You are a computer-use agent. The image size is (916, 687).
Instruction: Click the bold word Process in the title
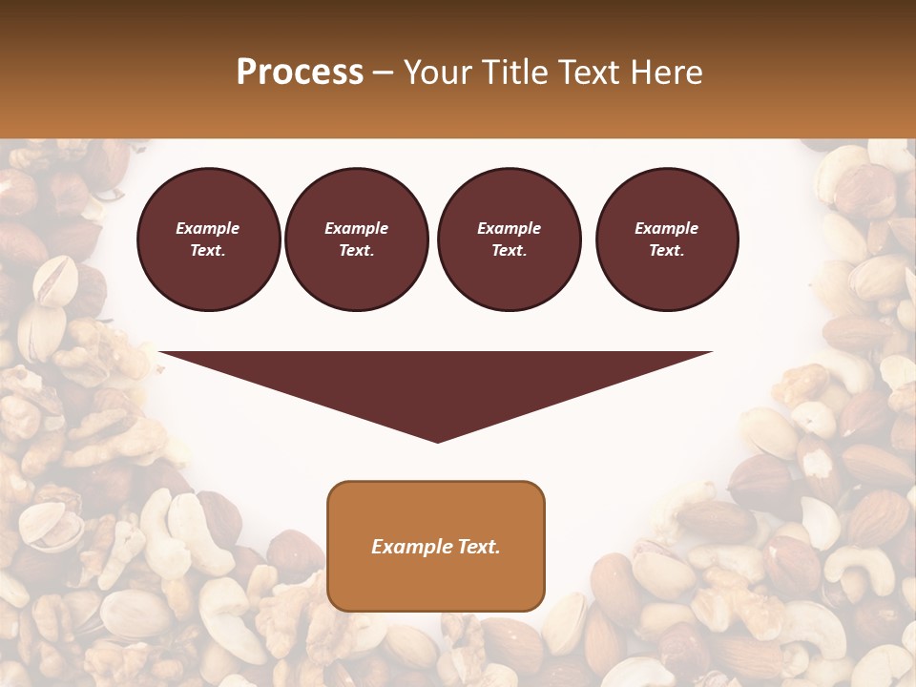coord(300,73)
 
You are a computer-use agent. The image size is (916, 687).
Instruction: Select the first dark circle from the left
coord(208,239)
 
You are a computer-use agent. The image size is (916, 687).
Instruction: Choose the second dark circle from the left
coord(357,239)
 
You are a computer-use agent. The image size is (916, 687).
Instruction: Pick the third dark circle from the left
coord(510,239)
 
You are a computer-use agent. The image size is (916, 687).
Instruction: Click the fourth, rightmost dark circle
coord(667,239)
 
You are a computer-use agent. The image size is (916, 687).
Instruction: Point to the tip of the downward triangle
coord(437,440)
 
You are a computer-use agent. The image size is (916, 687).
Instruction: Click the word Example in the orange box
coord(407,547)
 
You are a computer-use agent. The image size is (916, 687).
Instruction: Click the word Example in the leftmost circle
coord(208,228)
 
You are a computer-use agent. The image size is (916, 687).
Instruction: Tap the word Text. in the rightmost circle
coord(667,251)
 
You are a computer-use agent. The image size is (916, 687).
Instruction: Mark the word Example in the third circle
coord(510,228)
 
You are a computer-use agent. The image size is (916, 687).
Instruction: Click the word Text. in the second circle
coord(357,251)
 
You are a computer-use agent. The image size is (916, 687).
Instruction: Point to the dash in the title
coord(383,73)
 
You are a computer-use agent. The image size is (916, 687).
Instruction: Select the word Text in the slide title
coord(586,73)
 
